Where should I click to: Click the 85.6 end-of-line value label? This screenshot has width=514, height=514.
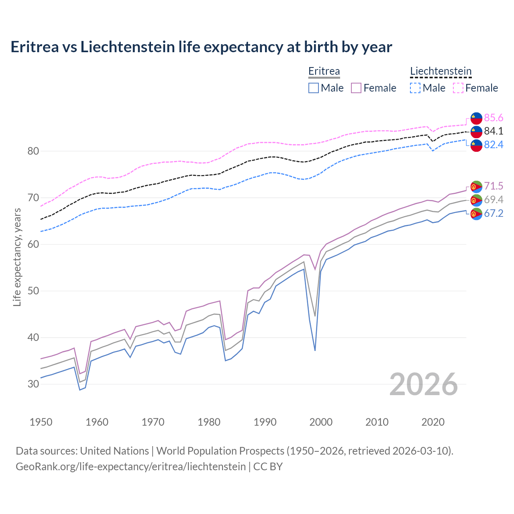tap(494, 118)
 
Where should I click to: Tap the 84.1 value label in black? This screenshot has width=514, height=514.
tap(494, 131)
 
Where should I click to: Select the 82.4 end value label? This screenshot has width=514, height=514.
tap(494, 145)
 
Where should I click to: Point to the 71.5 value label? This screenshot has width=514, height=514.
tap(494, 186)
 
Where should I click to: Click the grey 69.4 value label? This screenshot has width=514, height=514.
tap(494, 200)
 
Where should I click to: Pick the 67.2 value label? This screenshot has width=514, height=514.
tap(494, 213)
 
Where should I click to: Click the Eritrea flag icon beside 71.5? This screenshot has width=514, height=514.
tap(476, 187)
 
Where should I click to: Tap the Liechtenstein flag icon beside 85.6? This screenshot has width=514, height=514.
tap(476, 118)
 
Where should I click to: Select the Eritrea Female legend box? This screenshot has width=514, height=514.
tap(356, 88)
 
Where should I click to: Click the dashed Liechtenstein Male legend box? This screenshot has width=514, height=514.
tap(415, 88)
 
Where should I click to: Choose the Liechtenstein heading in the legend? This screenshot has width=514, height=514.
tap(441, 71)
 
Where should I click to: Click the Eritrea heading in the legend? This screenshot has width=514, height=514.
tap(324, 71)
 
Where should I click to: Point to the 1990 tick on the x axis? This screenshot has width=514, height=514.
tap(265, 422)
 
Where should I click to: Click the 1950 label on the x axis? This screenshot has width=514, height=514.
tap(41, 422)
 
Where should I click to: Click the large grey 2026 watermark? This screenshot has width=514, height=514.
tap(424, 384)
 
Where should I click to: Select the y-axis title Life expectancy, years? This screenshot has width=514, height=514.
tap(17, 257)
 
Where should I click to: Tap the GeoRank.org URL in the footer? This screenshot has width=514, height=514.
tap(131, 467)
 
